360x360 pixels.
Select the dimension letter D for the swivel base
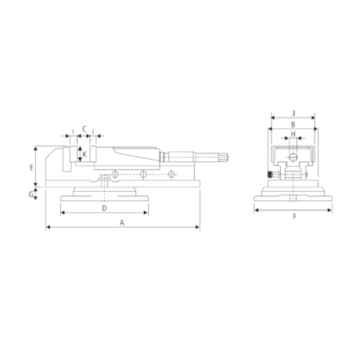coord(104,209)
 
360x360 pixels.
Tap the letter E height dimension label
coord(31,167)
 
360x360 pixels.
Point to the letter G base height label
coord(31,193)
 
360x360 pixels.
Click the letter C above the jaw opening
coord(83,128)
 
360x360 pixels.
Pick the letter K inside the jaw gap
coord(84,153)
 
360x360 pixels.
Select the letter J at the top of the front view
coord(292,112)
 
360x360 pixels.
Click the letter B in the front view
coord(292,124)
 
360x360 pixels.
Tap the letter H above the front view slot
coord(292,135)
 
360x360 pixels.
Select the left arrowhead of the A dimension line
coord(49,229)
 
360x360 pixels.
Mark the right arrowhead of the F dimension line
coord(329,209)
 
